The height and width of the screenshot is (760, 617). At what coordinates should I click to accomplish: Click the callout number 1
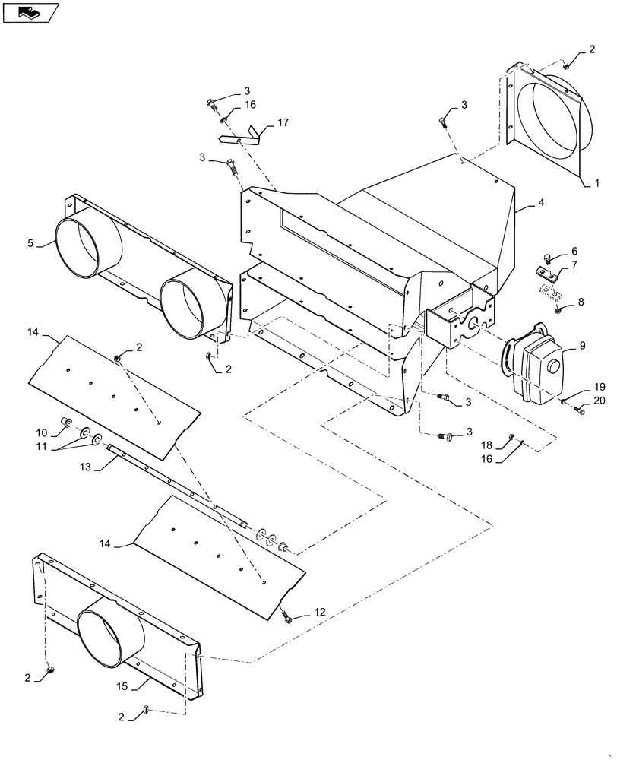pyautogui.click(x=596, y=183)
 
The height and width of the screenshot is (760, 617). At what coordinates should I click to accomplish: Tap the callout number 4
pyautogui.click(x=540, y=203)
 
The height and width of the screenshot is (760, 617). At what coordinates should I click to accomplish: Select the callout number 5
pyautogui.click(x=30, y=243)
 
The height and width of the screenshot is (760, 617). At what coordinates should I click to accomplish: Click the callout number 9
pyautogui.click(x=582, y=346)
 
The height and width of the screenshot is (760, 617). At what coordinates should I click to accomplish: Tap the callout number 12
pyautogui.click(x=320, y=612)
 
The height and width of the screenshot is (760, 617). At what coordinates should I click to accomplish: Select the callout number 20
pyautogui.click(x=599, y=401)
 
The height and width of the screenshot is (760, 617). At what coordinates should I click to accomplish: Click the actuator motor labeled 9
pyautogui.click(x=536, y=370)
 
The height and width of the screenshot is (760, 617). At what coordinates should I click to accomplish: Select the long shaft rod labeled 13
pyautogui.click(x=175, y=484)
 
